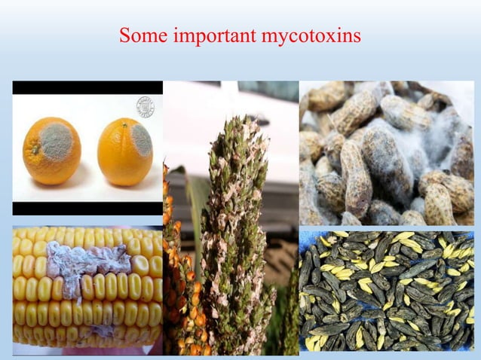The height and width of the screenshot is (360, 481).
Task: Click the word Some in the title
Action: click(139, 35)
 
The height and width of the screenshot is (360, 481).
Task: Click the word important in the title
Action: click(207, 35)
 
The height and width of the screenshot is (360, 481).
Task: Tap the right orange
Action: click(124, 154)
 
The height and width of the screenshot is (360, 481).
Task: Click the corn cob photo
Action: click(87, 290)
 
